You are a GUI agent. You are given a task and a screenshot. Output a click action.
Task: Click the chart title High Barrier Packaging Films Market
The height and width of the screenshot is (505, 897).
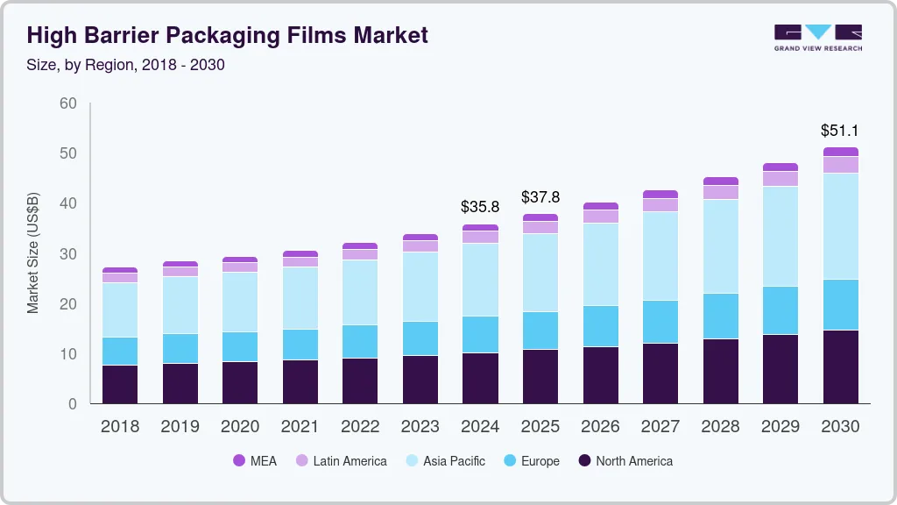pos(228,35)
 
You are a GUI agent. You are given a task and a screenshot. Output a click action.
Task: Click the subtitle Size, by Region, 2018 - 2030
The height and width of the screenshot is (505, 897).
pos(126,65)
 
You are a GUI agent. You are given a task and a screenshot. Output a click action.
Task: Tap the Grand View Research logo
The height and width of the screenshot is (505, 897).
pos(817,37)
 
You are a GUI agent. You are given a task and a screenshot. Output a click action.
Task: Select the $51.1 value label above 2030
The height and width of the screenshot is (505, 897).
pos(839,131)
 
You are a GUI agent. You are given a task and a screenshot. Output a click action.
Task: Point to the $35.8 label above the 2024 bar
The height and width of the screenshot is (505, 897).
pos(480,208)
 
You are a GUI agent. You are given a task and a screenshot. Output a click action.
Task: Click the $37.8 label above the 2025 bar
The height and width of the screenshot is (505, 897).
pos(540,197)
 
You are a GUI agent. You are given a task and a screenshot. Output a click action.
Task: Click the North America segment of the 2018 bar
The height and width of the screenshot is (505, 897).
pos(120,384)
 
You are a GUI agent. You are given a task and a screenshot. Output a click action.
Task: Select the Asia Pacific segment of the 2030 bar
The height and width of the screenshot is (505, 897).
pos(840,226)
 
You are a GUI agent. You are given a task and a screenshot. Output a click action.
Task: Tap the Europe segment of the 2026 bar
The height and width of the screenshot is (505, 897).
pos(600,326)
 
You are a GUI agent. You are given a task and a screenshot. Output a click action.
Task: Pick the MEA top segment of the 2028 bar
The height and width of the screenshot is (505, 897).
pos(720,181)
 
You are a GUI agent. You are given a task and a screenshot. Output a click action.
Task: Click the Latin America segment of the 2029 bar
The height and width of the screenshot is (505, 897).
pos(780,179)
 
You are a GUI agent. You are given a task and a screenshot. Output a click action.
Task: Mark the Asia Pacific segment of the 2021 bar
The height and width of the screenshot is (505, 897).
pos(300,298)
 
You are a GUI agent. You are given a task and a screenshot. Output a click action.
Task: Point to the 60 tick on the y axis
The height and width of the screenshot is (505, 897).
pos(68,103)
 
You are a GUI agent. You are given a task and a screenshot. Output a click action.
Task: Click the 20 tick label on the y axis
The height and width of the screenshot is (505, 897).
pos(68,304)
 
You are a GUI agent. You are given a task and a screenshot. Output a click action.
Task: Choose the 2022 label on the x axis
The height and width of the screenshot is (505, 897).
pos(360,427)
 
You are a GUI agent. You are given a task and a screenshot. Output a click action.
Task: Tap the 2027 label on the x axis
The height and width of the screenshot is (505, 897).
pos(660,427)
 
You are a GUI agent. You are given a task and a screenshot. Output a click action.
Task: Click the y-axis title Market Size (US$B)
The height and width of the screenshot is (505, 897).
pos(33,252)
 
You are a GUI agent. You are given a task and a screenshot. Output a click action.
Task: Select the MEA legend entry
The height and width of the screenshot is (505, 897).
pos(255,460)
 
